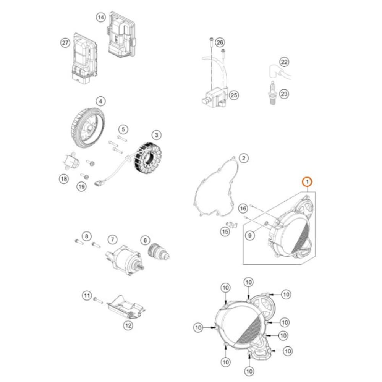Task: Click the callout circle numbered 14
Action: click(x=100, y=18)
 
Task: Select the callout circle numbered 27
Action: click(x=65, y=42)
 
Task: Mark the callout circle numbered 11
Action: click(x=87, y=295)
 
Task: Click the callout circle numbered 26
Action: click(x=219, y=42)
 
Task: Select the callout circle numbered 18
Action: click(x=63, y=178)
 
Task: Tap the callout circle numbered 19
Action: click(x=81, y=187)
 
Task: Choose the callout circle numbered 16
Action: click(x=243, y=208)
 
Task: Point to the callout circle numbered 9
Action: click(x=250, y=236)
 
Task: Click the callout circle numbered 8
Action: click(x=87, y=236)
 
